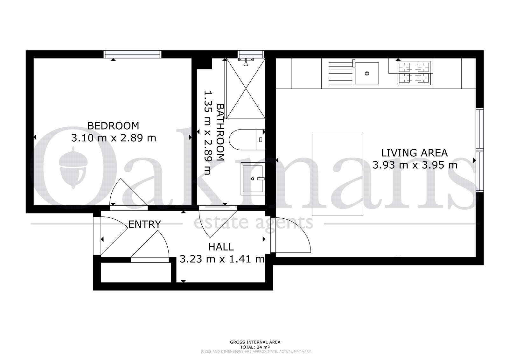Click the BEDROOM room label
coord(113,126)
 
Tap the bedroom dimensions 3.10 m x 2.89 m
coord(114,138)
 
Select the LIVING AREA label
coord(414,153)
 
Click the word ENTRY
coord(144,224)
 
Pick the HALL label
coord(221,247)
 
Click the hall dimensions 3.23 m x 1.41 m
coord(222,259)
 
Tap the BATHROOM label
coord(220,132)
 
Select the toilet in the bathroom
coord(247,140)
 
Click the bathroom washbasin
coord(253,179)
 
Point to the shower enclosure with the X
coord(246,88)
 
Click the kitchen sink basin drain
coord(367,74)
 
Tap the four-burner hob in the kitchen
coord(414,72)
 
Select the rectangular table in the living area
coord(337,175)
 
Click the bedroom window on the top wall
coord(132,54)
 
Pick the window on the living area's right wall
coord(480,150)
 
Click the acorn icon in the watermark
coord(73,167)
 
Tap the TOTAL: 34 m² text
coord(255,347)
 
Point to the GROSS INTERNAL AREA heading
coord(255,342)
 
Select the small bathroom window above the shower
coord(251,54)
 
